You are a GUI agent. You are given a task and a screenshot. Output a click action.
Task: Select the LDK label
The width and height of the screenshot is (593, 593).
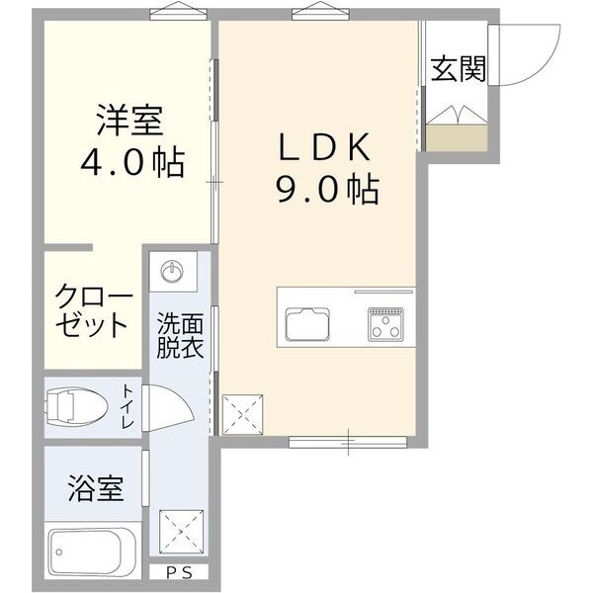point(323,146)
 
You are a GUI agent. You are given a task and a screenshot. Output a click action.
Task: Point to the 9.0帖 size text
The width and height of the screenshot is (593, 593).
point(326,188)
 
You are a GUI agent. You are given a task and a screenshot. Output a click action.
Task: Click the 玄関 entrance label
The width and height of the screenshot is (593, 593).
point(458,69)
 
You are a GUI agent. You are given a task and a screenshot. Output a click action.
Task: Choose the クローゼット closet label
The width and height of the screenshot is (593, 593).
point(92,312)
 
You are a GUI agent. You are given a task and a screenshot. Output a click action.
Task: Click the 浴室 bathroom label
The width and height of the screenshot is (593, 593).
point(96,487)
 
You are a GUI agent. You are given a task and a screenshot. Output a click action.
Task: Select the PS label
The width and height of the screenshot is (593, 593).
point(179,572)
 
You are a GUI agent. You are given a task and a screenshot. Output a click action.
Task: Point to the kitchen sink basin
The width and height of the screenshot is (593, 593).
point(309,324)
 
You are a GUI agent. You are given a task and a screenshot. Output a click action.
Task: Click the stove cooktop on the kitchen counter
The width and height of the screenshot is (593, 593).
point(385,324)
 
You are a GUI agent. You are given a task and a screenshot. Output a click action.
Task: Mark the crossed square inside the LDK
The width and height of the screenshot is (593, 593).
point(241,413)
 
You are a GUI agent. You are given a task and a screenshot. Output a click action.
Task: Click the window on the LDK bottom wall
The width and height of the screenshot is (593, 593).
point(348,438)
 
